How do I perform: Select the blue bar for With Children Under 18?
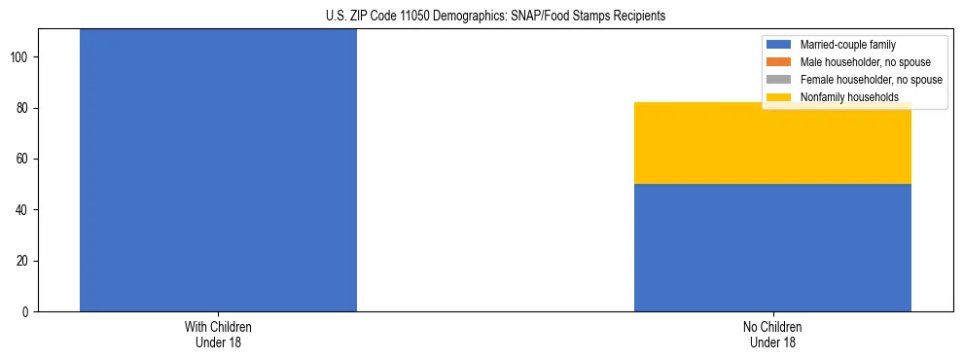pyautogui.click(x=218, y=170)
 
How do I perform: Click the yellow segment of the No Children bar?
pyautogui.click(x=772, y=143)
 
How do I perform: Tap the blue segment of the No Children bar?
pyautogui.click(x=772, y=247)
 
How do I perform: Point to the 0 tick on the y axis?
pyautogui.click(x=26, y=311)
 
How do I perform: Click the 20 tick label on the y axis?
pyautogui.click(x=23, y=261)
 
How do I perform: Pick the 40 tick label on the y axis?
pyautogui.click(x=23, y=210)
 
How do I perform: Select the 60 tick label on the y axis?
pyautogui.click(x=23, y=159)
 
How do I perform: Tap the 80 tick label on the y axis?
pyautogui.click(x=23, y=108)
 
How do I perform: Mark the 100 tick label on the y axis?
pyautogui.click(x=20, y=57)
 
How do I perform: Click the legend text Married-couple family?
pyautogui.click(x=847, y=45)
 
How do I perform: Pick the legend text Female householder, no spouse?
pyautogui.click(x=871, y=80)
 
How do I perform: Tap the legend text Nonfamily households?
pyautogui.click(x=849, y=97)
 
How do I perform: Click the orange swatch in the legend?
pyautogui.click(x=779, y=62)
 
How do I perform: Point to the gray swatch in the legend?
pyautogui.click(x=779, y=80)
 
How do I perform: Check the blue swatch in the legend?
pyautogui.click(x=779, y=45)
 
